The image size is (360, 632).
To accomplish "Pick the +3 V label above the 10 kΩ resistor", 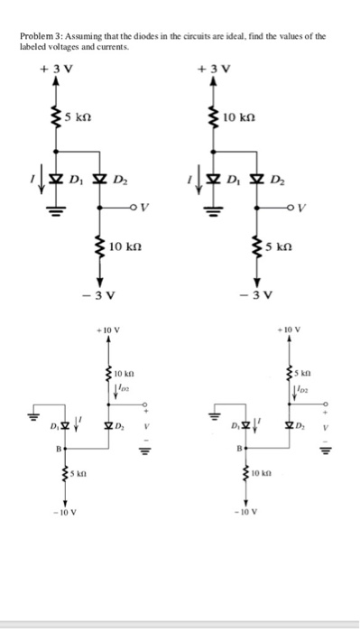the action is pyautogui.click(x=213, y=67).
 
